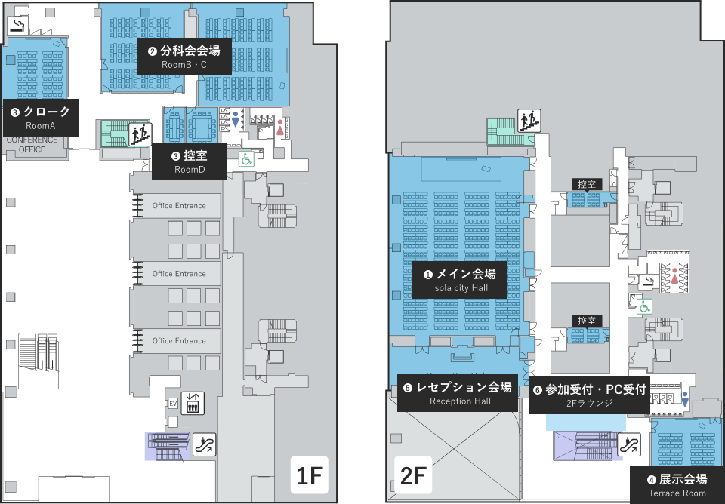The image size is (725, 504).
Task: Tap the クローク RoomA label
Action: click(x=41, y=118)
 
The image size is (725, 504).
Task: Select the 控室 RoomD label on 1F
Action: click(x=189, y=162)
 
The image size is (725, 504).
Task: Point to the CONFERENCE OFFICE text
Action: click(x=32, y=144)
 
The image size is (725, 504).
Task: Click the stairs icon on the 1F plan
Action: click(x=140, y=134)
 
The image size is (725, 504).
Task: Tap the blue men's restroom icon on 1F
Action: click(x=236, y=121)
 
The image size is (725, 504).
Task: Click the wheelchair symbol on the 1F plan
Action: click(x=246, y=158)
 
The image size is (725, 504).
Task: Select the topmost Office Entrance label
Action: click(x=179, y=206)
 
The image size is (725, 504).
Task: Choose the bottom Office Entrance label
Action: click(x=179, y=341)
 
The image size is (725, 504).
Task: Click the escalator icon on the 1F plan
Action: click(x=204, y=444)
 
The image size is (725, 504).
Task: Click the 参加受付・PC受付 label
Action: click(x=589, y=395)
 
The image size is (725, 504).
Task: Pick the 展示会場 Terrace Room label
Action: click(x=677, y=485)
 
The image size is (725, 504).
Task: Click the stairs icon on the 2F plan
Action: click(x=529, y=120)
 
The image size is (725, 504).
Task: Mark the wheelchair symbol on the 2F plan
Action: click(x=644, y=306)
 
